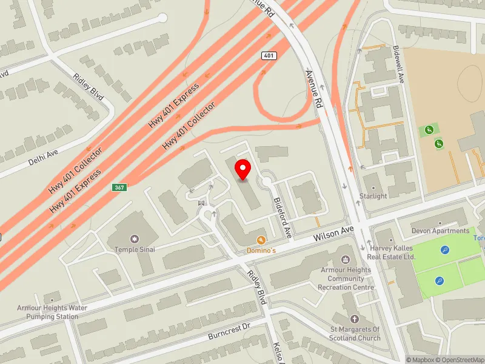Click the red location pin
243,169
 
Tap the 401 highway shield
269,56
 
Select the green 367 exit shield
119,187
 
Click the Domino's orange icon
261,240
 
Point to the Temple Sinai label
135,249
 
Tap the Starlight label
373,196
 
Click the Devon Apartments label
440,231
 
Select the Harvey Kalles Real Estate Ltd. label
392,252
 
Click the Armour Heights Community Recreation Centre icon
346,260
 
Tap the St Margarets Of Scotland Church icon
355,319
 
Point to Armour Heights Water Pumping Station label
52,312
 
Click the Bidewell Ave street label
398,64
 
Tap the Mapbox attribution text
421,360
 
